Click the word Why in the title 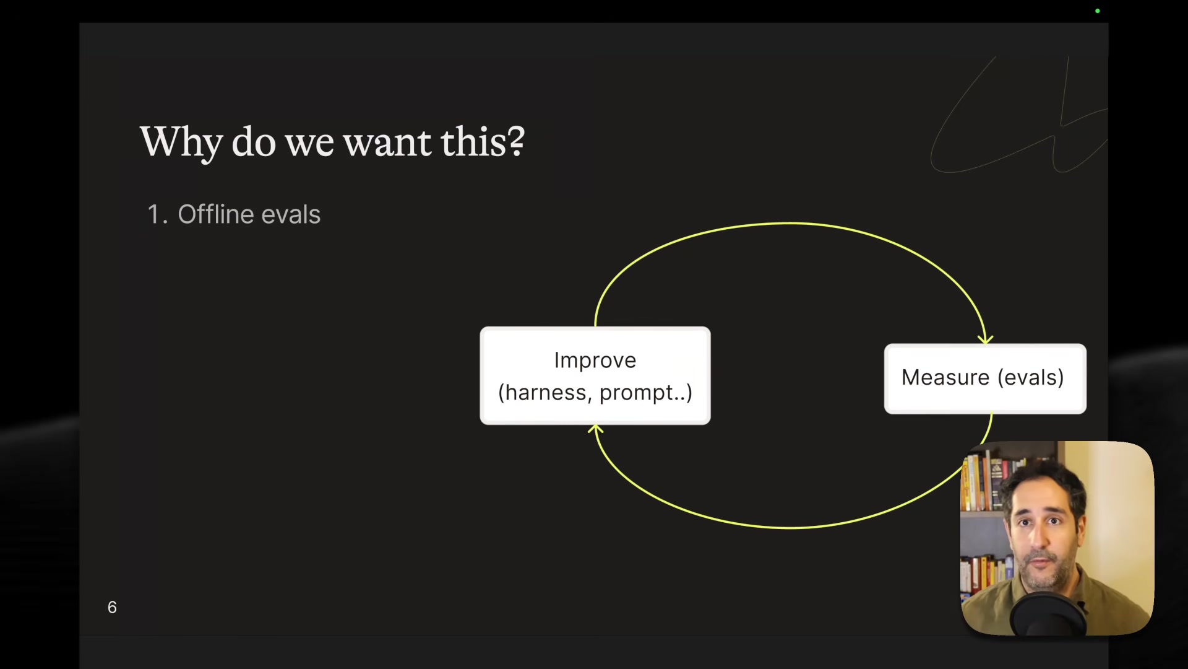click(x=181, y=142)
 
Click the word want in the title click(x=387, y=142)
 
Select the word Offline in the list click(x=215, y=214)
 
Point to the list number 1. click(x=154, y=215)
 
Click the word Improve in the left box click(x=595, y=360)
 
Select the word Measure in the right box click(x=945, y=377)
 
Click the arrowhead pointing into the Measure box click(x=985, y=339)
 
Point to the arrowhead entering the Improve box click(x=595, y=429)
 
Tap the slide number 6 click(x=112, y=607)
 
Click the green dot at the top click(x=1098, y=11)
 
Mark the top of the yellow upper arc click(x=790, y=223)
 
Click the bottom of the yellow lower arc click(x=790, y=528)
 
